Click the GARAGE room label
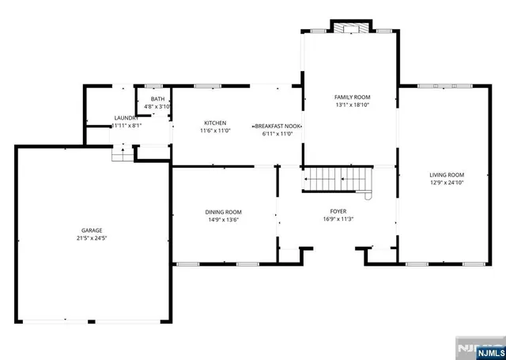tap(92, 229)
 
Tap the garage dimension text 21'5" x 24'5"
tap(92, 237)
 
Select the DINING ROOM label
tap(223, 212)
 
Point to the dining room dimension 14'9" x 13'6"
tap(223, 220)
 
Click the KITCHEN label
tap(215, 123)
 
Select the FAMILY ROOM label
tap(353, 97)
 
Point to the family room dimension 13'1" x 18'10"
tap(353, 104)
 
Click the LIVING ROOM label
tap(447, 175)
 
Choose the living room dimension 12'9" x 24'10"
tap(447, 183)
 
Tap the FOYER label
tap(338, 210)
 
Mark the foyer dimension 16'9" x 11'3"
tap(338, 218)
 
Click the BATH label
tap(157, 99)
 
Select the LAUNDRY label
tap(126, 118)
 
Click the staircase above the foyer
tap(337, 180)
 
